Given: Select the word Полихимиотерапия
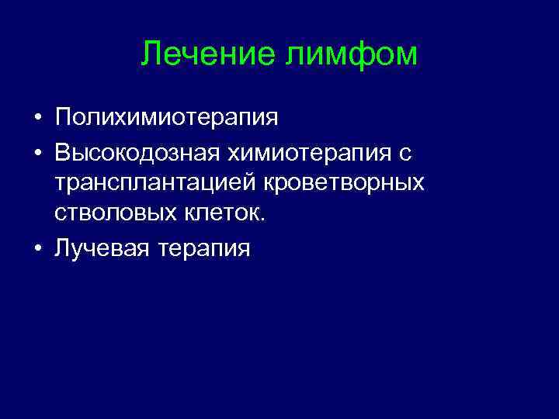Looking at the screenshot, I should (x=166, y=118).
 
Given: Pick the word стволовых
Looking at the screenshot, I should (x=109, y=213).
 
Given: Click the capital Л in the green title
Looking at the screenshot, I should (x=151, y=54).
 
